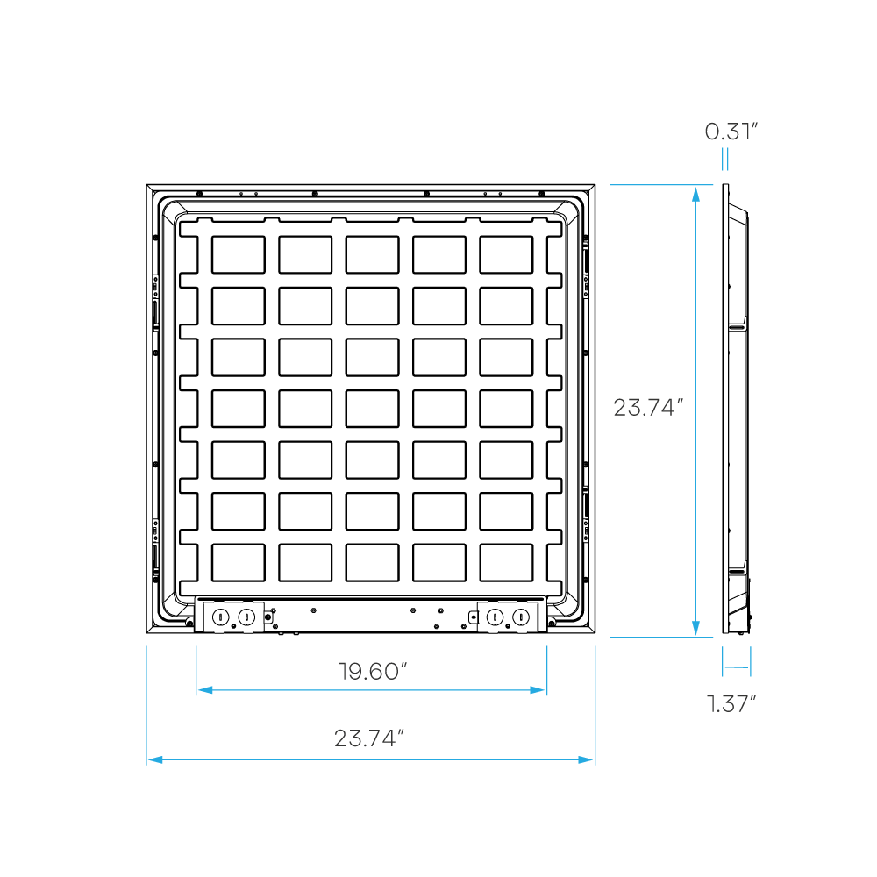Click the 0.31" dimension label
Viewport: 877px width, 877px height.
[x=731, y=132]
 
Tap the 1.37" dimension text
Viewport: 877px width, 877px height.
[x=731, y=703]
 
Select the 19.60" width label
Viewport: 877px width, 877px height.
[x=373, y=672]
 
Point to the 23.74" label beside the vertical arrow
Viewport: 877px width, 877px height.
[x=647, y=408]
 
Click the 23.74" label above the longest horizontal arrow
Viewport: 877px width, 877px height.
[x=368, y=738]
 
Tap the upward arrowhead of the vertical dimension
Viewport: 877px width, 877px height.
[x=695, y=194]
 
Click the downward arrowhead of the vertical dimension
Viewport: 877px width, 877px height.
[x=695, y=628]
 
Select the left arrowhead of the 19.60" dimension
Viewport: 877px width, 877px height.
[x=204, y=690]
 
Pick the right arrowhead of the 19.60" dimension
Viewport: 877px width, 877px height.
[x=538, y=690]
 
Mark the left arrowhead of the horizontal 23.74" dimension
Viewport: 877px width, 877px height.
[x=154, y=759]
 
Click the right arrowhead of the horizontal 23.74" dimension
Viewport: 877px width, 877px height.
[x=586, y=759]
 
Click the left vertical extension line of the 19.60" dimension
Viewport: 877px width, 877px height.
[x=196, y=667]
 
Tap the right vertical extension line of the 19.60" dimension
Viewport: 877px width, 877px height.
[x=547, y=667]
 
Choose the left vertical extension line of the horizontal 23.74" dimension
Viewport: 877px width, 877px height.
[x=146, y=702]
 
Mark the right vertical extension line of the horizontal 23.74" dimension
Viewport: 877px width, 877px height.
[x=595, y=702]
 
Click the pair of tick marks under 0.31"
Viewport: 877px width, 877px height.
[x=724, y=160]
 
